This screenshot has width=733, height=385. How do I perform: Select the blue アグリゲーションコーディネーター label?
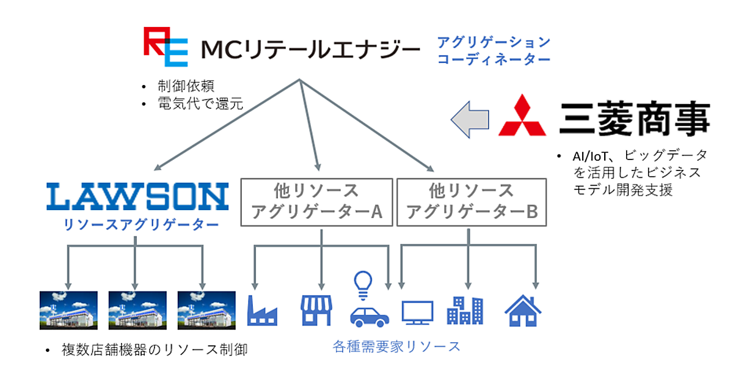(x=494, y=51)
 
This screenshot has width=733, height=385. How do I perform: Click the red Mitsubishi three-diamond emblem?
(x=522, y=116)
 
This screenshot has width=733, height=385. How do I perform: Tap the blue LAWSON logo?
(x=137, y=196)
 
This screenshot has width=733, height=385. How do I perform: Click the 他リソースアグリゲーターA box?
(x=317, y=202)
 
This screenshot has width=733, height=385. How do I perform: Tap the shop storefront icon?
(x=316, y=310)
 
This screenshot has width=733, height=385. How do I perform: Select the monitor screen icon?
(x=417, y=312)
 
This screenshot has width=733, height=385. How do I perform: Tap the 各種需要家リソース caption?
(x=396, y=346)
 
